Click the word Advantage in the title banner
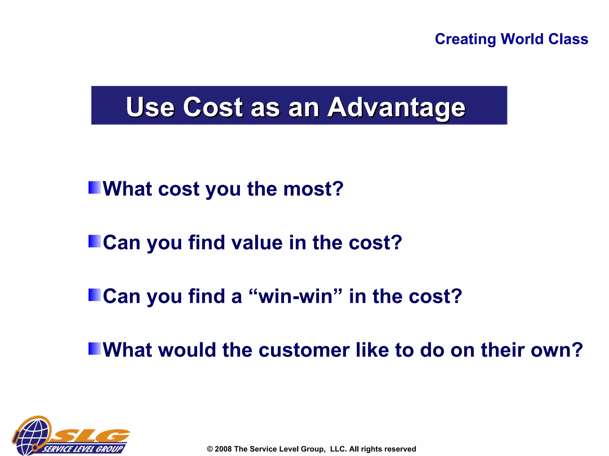click(x=396, y=107)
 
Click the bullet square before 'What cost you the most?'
click(x=95, y=188)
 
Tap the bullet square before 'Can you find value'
click(x=95, y=241)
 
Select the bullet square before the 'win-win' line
click(x=95, y=295)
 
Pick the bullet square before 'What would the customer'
click(x=95, y=349)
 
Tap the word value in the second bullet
click(x=257, y=243)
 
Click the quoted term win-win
click(x=295, y=296)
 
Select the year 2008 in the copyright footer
click(x=223, y=449)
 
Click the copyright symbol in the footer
click(x=210, y=449)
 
